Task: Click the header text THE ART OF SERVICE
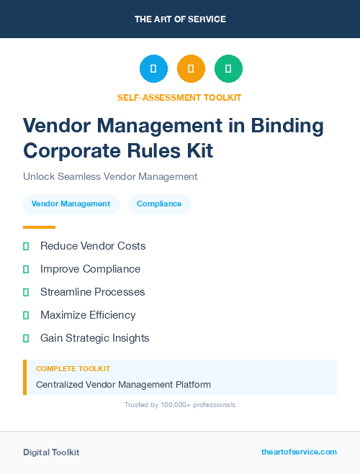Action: click(180, 19)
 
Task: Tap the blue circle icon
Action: click(153, 69)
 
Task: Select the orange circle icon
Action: click(191, 69)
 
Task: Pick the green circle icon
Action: click(228, 69)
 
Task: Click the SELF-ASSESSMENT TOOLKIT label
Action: click(179, 97)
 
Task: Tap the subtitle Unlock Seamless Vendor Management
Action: click(110, 176)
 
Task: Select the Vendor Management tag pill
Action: click(71, 204)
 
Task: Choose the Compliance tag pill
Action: click(159, 204)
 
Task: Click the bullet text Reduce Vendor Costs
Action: click(93, 246)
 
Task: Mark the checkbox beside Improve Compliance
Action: click(26, 269)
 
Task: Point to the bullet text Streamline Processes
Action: click(93, 292)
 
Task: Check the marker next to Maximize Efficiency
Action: click(26, 315)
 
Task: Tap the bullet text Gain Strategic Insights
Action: click(95, 338)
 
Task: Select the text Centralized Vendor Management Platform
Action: click(123, 385)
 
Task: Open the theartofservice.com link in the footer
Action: click(299, 452)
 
